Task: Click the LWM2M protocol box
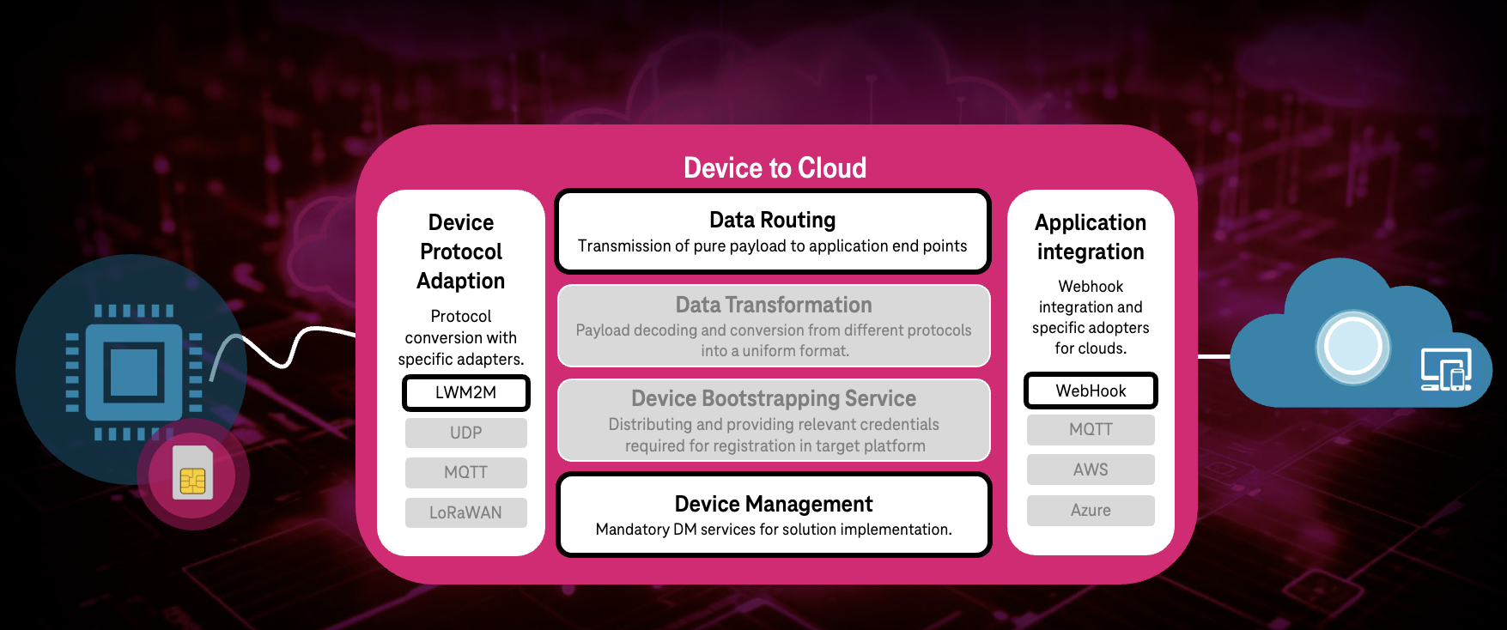(465, 393)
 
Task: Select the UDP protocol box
(465, 433)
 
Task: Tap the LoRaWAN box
(465, 512)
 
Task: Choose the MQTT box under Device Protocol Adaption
(465, 472)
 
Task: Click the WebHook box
(1091, 391)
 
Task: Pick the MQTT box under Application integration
(1091, 429)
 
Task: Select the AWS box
(1091, 469)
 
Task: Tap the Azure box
(1091, 510)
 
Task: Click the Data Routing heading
(772, 220)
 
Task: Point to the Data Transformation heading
(773, 305)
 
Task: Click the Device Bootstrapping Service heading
(773, 398)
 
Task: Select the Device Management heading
(773, 504)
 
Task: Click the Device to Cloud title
(775, 167)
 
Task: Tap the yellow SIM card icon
(193, 475)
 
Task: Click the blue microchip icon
(134, 371)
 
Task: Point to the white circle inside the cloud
(1352, 347)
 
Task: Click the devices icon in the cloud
(1446, 370)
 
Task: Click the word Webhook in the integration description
(1091, 286)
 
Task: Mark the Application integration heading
(1091, 237)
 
